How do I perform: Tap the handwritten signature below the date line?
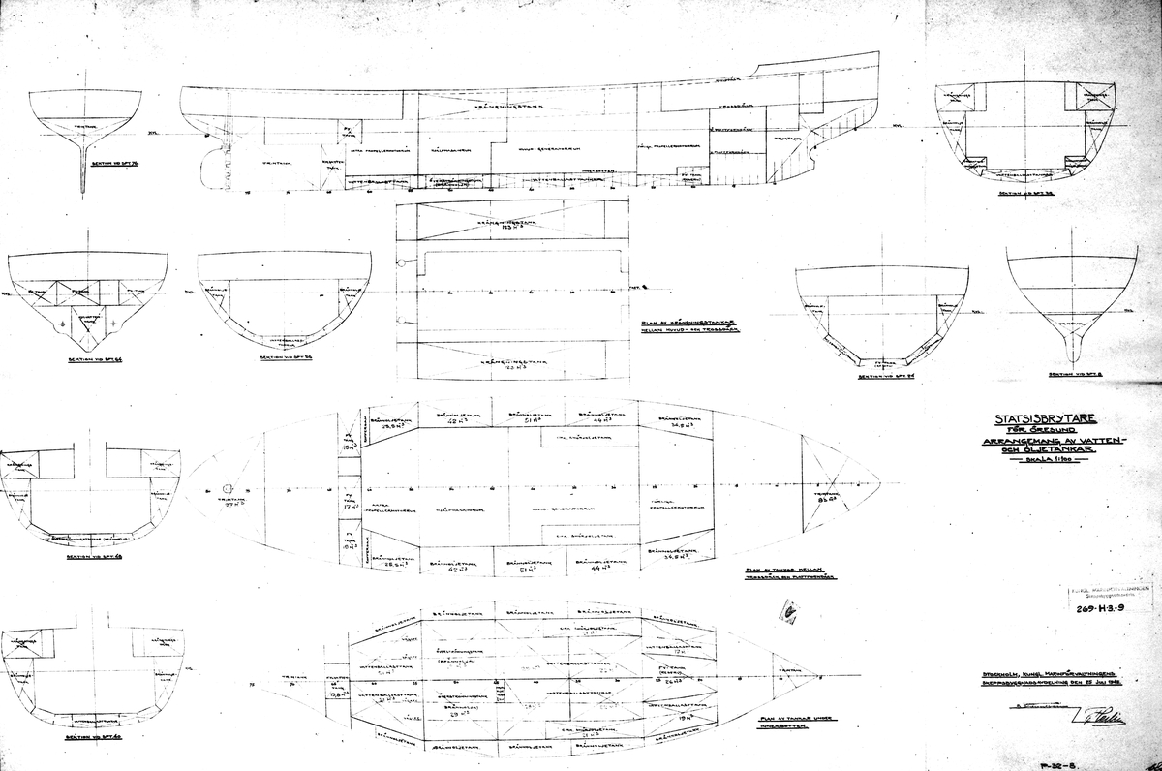point(1094,717)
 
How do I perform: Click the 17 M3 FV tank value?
point(350,506)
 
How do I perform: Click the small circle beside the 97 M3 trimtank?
point(228,488)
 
